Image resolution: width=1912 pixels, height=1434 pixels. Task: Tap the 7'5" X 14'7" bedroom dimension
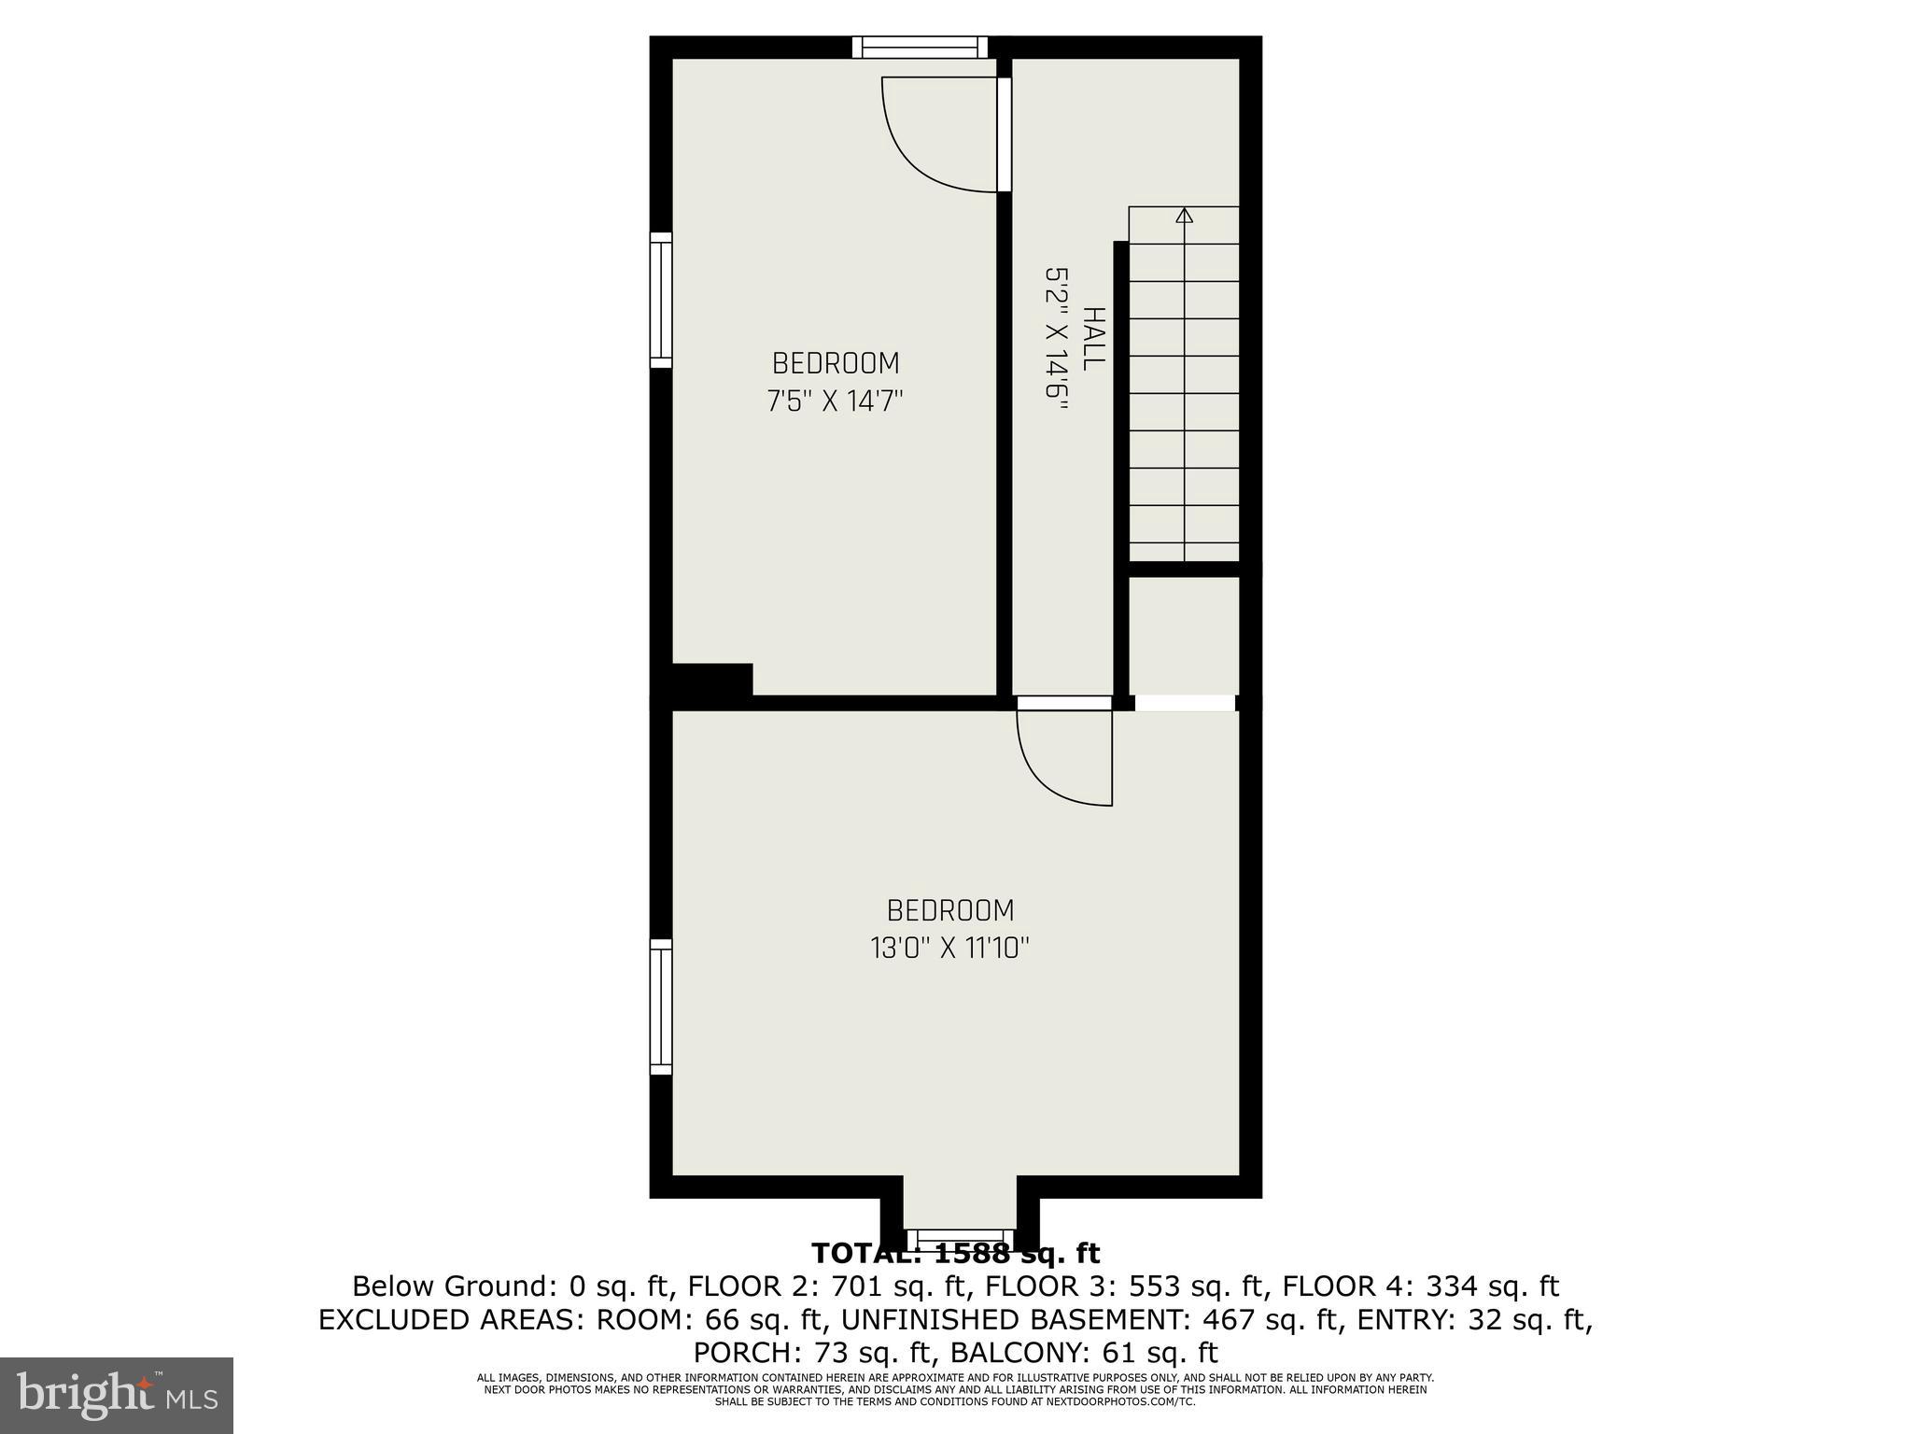(836, 401)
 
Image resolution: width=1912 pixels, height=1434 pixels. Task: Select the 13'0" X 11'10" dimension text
(949, 949)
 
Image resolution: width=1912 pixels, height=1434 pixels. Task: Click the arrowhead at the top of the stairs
(1185, 216)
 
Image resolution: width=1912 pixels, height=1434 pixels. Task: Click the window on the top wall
(920, 47)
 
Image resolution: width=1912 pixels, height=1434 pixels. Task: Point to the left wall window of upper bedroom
(661, 300)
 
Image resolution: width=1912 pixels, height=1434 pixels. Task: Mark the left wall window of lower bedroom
(661, 1007)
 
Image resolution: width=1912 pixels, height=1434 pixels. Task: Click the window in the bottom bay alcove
(960, 1237)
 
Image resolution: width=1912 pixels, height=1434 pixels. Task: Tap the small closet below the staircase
(1184, 635)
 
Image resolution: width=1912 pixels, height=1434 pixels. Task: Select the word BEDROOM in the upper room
(836, 363)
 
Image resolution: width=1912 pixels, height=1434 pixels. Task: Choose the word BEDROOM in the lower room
(949, 910)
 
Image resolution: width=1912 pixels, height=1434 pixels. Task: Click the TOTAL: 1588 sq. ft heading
(955, 1254)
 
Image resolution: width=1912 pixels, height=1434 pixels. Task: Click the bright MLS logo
(117, 1396)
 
